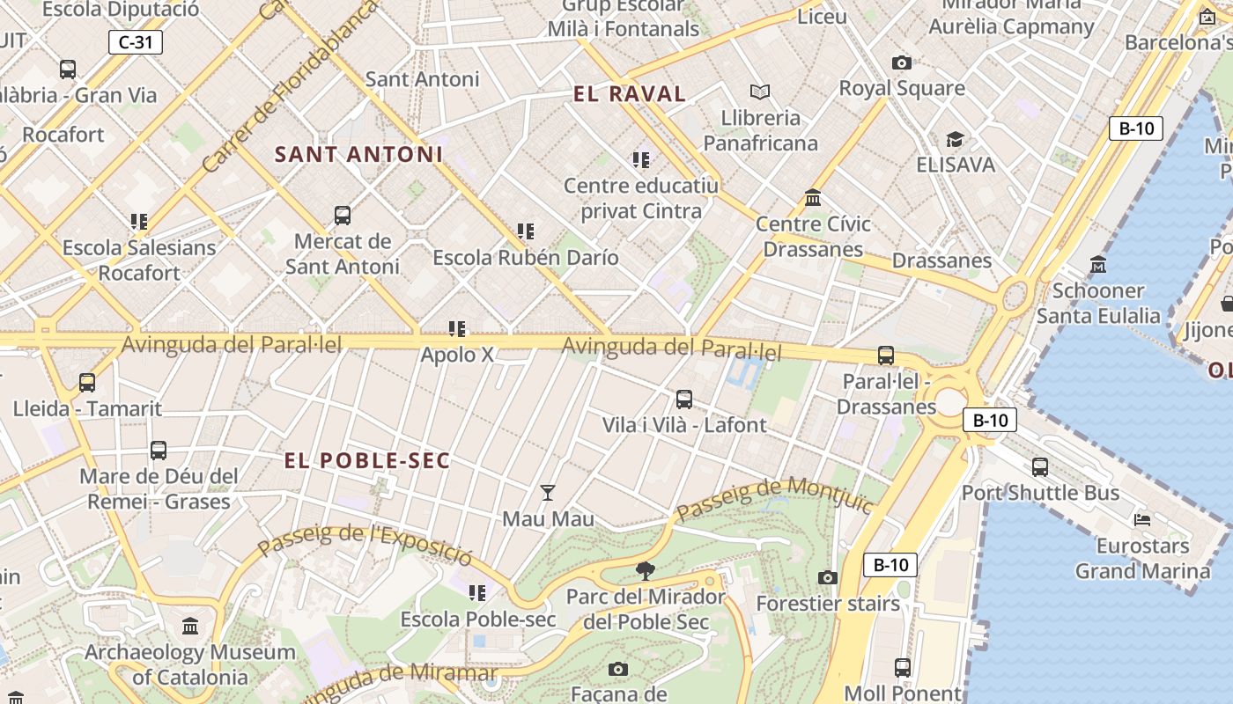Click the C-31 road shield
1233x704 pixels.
point(136,41)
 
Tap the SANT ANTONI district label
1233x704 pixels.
point(358,155)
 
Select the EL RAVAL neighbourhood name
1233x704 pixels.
point(629,94)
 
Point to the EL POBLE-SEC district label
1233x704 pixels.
point(366,460)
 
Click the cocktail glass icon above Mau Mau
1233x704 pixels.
point(548,493)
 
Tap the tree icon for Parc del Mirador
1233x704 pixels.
point(646,571)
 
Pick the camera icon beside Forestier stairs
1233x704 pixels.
point(828,577)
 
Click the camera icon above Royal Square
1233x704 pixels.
point(901,62)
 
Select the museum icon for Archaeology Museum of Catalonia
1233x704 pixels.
point(190,627)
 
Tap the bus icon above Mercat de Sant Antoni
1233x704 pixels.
point(343,215)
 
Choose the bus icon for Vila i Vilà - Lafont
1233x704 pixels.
point(684,399)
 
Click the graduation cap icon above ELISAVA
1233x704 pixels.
point(955,139)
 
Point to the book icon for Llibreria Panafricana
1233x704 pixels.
point(759,92)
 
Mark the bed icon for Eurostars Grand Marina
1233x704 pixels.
point(1142,519)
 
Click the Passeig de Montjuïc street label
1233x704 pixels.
point(774,497)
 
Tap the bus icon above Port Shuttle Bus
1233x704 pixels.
point(1040,466)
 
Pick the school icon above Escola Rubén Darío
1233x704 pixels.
point(526,231)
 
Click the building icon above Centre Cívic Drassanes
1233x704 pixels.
point(813,198)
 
